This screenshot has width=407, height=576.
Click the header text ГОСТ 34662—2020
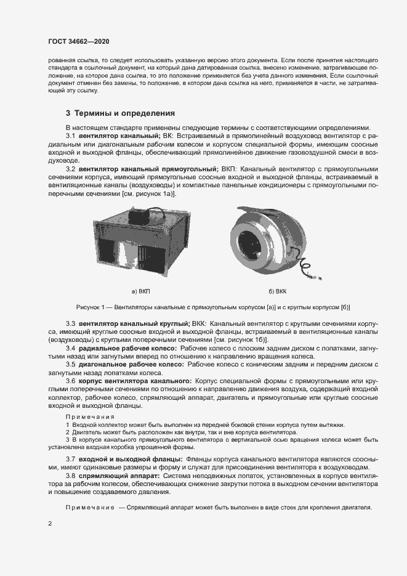coord(78,41)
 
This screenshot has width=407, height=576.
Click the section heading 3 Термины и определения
coord(120,113)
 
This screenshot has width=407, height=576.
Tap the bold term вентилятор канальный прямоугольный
coord(148,169)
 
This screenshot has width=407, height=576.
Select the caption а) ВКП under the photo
coord(141,290)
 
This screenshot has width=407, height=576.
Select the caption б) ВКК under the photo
coord(278,290)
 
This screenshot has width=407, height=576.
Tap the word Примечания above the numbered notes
coord(90,417)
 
